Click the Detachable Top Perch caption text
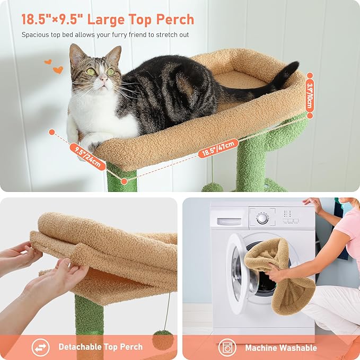pyautogui.click(x=100, y=347)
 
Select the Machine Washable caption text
pyautogui.click(x=280, y=348)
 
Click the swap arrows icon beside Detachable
pyautogui.click(x=41, y=347)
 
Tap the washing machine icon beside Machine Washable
pyautogui.click(x=227, y=347)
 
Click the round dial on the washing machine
pyautogui.click(x=262, y=218)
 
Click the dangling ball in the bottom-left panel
pyautogui.click(x=163, y=339)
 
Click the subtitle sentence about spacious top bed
pyautogui.click(x=105, y=35)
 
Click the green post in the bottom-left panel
pyautogui.click(x=89, y=318)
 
